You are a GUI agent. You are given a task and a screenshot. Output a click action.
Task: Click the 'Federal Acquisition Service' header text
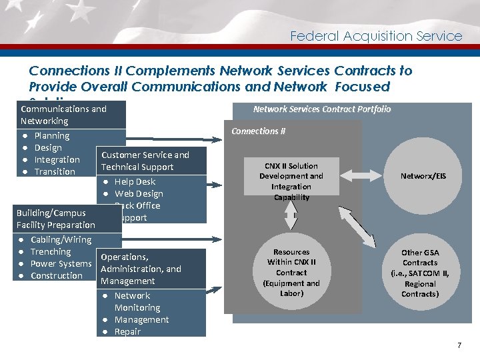(376, 36)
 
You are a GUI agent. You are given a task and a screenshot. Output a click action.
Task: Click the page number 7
(459, 345)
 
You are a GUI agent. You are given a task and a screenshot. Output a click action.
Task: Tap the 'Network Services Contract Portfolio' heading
(322, 109)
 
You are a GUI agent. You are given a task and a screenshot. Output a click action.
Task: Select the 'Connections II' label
(258, 131)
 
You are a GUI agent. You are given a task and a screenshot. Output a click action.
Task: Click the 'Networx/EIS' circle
(423, 177)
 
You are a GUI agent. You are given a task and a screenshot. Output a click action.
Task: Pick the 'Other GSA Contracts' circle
(420, 273)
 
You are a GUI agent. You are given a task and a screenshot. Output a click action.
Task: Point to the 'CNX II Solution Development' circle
(291, 181)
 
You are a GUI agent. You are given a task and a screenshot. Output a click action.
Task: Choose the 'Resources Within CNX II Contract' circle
(291, 273)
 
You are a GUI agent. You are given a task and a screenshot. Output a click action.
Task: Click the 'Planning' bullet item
(51, 135)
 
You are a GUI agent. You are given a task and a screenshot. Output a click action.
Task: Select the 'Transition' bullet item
(55, 171)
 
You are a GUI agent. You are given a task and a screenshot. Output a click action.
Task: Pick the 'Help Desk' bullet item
(135, 181)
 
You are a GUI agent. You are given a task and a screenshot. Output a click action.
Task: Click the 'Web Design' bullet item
(139, 193)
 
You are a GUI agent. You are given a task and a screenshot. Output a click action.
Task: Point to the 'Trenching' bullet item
(51, 251)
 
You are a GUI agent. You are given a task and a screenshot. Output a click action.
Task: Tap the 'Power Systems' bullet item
(61, 263)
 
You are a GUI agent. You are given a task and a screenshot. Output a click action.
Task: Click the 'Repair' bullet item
(127, 331)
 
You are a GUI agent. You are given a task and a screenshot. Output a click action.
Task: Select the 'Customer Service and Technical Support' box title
(145, 161)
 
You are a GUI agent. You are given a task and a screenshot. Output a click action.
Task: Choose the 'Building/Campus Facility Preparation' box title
(56, 219)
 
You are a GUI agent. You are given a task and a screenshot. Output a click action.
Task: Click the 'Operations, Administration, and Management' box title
(141, 269)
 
